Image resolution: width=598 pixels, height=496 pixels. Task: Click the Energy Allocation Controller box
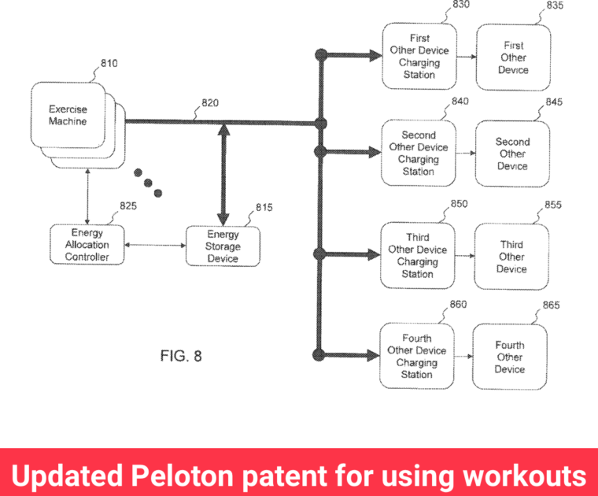coord(87,246)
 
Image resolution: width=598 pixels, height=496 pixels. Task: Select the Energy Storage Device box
coord(223,246)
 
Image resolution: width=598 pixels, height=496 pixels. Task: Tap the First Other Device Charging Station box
coord(419,56)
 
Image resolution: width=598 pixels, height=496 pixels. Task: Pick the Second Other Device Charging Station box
coord(418,153)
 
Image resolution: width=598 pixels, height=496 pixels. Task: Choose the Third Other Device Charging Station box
coord(417,256)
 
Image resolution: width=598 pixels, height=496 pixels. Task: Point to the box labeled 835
coord(513,57)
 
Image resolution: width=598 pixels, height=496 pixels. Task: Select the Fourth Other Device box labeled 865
coord(509,357)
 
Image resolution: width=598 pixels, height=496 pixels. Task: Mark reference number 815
coord(264,208)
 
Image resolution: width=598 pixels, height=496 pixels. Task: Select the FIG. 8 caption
coord(181,356)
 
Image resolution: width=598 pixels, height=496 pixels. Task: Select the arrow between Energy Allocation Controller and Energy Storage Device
coord(155,246)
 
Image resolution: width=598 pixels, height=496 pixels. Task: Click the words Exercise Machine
coord(68,116)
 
